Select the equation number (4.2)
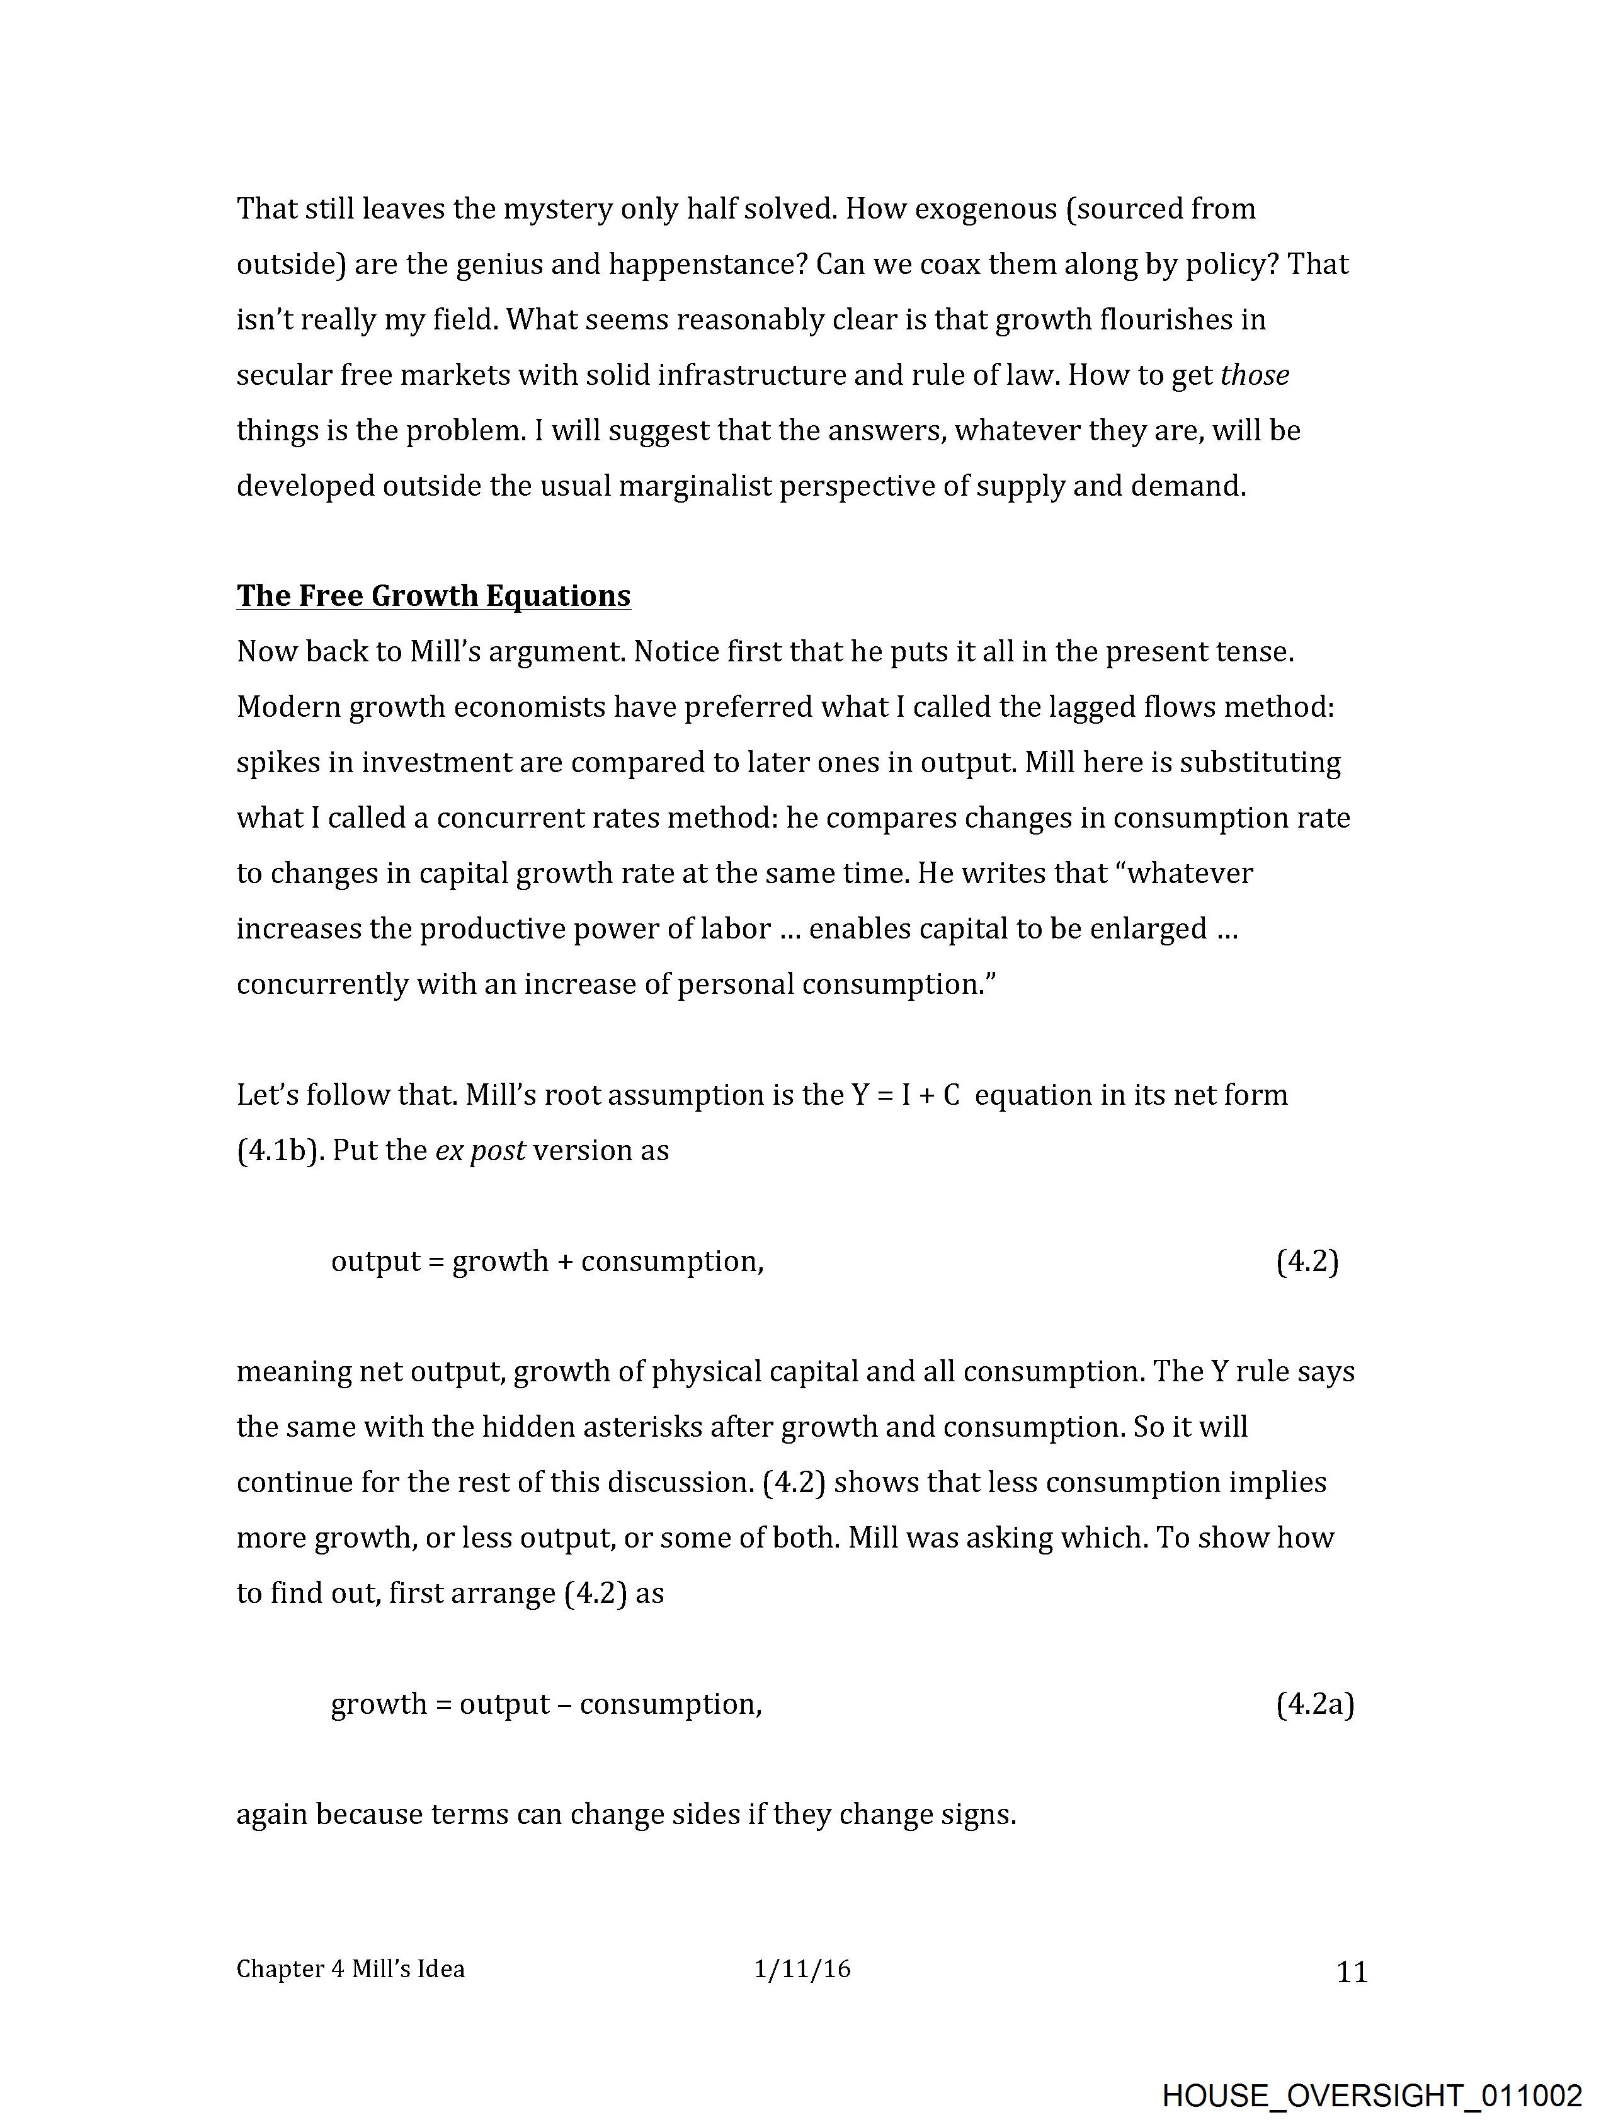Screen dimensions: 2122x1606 [1307, 1260]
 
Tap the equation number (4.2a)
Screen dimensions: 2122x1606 [1314, 1704]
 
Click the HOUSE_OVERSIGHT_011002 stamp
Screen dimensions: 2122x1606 [1372, 2094]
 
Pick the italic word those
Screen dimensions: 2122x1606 [1254, 375]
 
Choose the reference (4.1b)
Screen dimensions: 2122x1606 [276, 1150]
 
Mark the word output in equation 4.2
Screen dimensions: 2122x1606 [375, 1260]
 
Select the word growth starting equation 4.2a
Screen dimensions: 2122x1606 [378, 1704]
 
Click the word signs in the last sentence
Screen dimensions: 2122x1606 [977, 1815]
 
